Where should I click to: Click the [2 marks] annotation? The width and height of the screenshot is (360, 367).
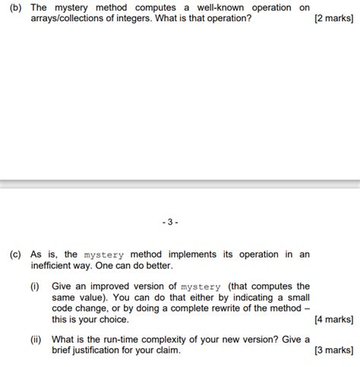coord(333,18)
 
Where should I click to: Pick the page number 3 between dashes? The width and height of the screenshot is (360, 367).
coord(170,223)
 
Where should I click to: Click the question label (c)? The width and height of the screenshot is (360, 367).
coord(16,255)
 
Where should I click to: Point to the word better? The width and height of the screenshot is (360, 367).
coord(158,266)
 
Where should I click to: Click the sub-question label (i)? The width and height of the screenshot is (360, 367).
coord(34,286)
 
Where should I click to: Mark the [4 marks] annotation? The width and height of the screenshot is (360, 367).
coord(333,320)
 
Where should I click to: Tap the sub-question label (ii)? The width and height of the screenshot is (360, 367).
coord(35,339)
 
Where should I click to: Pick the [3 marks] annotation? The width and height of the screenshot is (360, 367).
coord(333,350)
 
